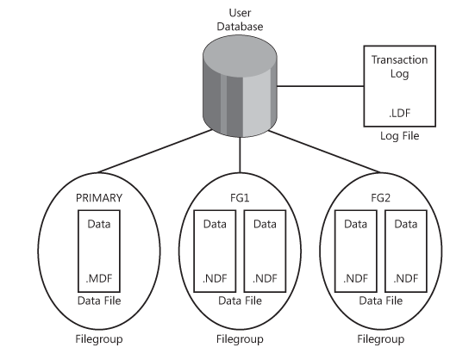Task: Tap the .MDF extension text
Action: coord(97,277)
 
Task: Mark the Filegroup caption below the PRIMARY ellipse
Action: coord(97,339)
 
